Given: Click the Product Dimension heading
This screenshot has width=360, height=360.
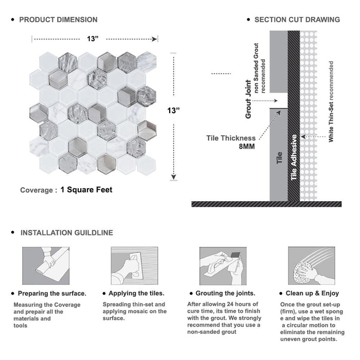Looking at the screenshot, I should pyautogui.click(x=58, y=20).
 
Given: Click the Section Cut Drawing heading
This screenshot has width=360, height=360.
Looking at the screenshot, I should pyautogui.click(x=297, y=20).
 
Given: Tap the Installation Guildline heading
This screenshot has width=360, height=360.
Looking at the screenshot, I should pyautogui.click(x=66, y=233).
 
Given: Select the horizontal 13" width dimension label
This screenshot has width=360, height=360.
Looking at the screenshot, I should pyautogui.click(x=93, y=39).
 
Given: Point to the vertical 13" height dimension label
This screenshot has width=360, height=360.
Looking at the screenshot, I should pyautogui.click(x=173, y=111).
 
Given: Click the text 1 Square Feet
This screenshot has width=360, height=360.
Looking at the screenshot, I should pyautogui.click(x=86, y=190).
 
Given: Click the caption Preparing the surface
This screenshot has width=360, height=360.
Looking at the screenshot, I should pyautogui.click(x=52, y=294).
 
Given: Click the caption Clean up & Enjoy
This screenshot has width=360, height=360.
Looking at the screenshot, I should pyautogui.click(x=315, y=294).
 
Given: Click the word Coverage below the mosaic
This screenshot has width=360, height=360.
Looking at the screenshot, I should pyautogui.click(x=36, y=190).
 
